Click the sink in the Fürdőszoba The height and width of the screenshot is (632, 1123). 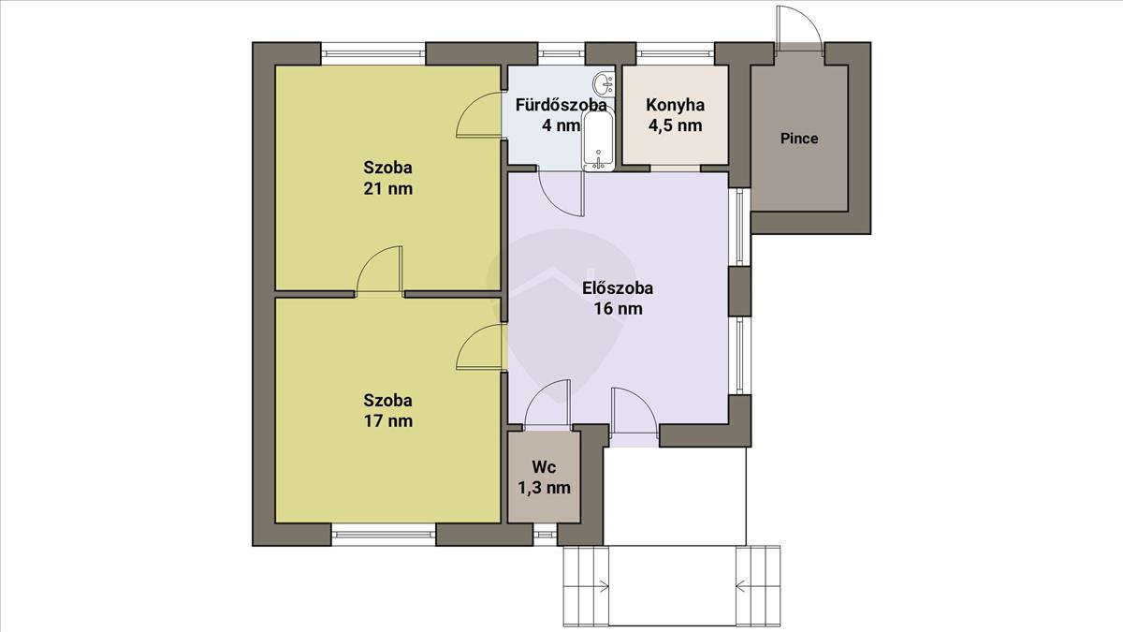(604, 83)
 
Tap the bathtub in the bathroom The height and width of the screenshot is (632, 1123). (598, 140)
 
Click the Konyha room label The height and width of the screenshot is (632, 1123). (675, 105)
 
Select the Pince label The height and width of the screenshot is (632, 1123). (799, 139)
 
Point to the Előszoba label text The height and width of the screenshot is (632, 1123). (618, 288)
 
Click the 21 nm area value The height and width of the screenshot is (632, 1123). (388, 189)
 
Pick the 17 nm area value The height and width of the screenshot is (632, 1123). (388, 420)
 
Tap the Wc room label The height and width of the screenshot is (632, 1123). (544, 467)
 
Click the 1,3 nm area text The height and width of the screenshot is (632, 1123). (544, 488)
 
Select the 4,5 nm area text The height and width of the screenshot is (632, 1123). (675, 125)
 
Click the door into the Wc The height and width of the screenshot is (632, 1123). (547, 404)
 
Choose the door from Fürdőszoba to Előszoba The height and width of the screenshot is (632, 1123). (561, 194)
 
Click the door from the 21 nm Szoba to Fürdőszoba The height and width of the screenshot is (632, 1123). (479, 115)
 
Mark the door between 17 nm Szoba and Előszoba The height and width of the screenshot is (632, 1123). (480, 347)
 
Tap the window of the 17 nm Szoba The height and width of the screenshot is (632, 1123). (384, 535)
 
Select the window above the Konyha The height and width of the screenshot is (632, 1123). (676, 53)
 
